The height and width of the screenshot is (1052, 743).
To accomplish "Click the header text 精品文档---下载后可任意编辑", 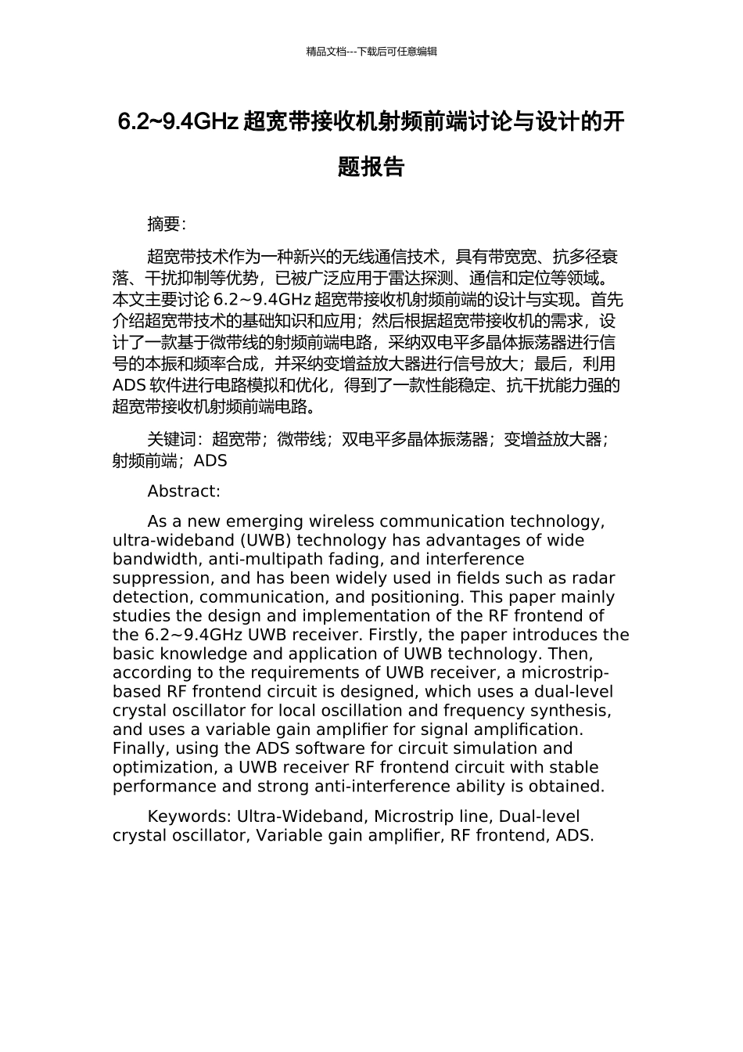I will tap(371, 52).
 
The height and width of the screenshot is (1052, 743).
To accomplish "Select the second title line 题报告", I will tap(371, 167).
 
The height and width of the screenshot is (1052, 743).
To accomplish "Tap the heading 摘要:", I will tap(167, 225).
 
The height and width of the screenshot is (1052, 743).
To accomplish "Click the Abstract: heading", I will tap(184, 492).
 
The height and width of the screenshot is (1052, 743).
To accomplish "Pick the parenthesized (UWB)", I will tap(266, 541).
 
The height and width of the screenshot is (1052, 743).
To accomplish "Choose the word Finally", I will tap(141, 748).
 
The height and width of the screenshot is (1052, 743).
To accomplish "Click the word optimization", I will tap(160, 767).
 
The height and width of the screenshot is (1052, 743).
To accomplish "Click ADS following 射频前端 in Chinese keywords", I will tap(210, 461).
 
